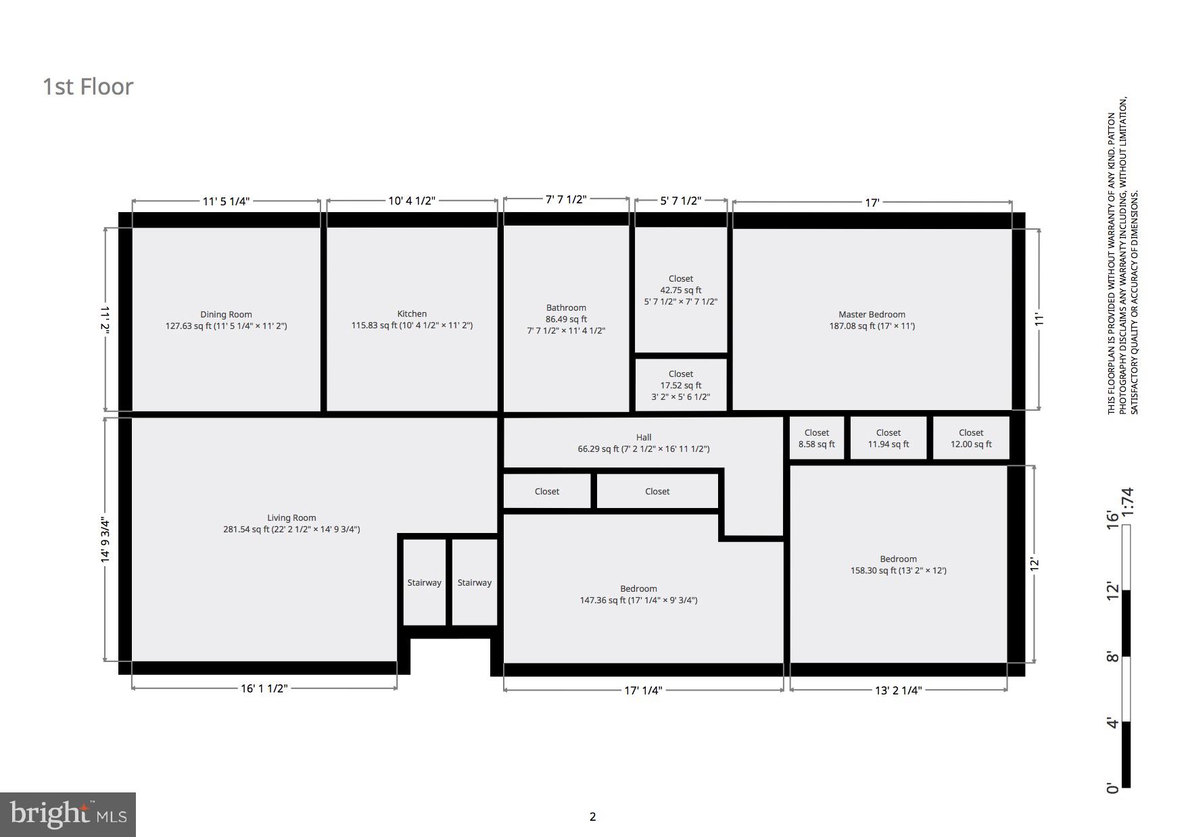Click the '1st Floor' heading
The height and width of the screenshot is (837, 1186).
[88, 87]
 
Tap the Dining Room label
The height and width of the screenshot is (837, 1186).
[226, 315]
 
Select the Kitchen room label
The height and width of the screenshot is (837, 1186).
[412, 314]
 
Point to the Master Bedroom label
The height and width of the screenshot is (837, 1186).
[872, 315]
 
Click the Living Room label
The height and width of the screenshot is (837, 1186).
[291, 518]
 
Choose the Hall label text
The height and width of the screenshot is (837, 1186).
[644, 438]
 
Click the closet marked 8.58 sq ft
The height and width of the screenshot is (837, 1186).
[816, 438]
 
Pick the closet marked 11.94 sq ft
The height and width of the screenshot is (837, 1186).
[888, 438]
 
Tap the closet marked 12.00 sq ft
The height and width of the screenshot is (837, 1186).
[971, 438]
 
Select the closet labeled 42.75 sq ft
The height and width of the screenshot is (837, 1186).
[681, 290]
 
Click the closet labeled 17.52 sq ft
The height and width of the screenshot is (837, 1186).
[681, 385]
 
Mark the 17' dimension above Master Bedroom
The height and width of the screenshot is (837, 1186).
[872, 202]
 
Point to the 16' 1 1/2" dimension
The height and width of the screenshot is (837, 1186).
[264, 688]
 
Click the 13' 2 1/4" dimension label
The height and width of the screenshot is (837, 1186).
[898, 690]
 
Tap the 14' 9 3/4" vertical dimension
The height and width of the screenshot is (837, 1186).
[105, 540]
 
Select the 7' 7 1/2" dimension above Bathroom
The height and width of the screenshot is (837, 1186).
[566, 199]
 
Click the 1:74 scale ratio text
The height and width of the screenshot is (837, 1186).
[1126, 502]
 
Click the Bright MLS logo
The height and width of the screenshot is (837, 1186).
[68, 814]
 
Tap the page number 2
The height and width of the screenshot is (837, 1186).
[593, 817]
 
